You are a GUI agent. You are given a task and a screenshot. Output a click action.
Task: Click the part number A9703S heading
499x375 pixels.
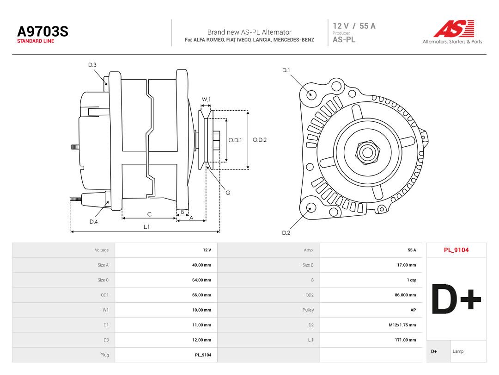(43, 31)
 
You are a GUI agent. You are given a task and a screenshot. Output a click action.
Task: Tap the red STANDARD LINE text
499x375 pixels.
(36, 41)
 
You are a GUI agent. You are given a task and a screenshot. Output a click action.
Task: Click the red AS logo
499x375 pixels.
(454, 28)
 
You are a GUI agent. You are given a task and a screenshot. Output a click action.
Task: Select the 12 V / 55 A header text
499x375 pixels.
(354, 26)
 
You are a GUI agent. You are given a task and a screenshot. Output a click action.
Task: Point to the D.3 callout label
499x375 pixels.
(92, 65)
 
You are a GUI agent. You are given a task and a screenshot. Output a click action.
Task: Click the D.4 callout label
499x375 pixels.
(93, 222)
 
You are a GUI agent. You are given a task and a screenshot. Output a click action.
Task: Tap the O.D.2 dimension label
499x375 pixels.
(260, 140)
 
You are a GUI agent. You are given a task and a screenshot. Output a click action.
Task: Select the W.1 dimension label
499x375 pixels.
(206, 100)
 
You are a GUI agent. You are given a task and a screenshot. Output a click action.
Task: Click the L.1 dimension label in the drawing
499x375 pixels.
(146, 227)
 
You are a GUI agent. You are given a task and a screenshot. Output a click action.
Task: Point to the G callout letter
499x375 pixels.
(228, 193)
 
